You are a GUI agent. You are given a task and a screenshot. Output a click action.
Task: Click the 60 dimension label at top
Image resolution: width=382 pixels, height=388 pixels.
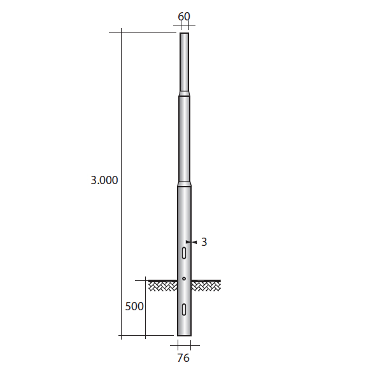point(184,17)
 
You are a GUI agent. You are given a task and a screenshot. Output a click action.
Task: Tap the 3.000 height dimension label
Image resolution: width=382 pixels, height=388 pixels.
point(104,180)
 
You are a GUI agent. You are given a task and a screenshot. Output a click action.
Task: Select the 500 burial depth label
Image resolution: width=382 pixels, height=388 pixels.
point(134,306)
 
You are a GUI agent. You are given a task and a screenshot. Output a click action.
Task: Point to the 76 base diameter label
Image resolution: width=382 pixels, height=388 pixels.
point(183,358)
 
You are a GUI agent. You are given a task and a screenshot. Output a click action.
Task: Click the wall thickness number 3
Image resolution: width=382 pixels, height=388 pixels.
point(204,242)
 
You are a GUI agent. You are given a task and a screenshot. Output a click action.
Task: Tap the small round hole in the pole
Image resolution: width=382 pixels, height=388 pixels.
point(184,278)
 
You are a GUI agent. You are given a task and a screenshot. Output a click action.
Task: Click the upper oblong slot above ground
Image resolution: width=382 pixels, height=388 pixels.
point(184,253)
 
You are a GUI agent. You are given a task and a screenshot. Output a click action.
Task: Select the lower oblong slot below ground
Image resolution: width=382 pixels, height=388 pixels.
point(184,309)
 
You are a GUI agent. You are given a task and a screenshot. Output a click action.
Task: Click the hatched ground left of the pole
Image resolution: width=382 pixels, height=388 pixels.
point(163,286)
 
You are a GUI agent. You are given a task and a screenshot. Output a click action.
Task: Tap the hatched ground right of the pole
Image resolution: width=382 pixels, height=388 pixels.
point(206,286)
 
